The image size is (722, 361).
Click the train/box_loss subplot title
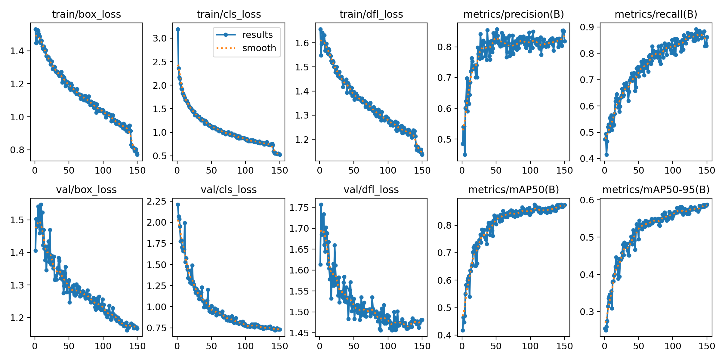(86, 14)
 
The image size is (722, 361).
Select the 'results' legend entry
(257, 35)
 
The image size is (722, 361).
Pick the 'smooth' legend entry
(259, 48)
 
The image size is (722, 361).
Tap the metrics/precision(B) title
(514, 14)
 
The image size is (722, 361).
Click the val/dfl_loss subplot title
(371, 190)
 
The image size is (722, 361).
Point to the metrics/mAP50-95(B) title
(656, 190)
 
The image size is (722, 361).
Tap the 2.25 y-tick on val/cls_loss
(156, 201)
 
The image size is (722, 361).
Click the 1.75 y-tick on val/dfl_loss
(299, 208)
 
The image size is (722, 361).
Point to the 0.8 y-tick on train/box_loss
(17, 150)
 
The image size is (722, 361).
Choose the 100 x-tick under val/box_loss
(103, 346)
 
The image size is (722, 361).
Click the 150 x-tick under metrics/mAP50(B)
(564, 346)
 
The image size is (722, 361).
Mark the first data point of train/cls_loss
(178, 29)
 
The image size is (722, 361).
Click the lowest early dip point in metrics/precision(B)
(465, 155)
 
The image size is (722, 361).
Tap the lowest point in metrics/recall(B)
(606, 155)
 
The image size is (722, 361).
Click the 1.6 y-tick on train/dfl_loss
(302, 43)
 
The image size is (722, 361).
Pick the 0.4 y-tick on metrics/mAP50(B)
(445, 335)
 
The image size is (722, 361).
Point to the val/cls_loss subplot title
(229, 190)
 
